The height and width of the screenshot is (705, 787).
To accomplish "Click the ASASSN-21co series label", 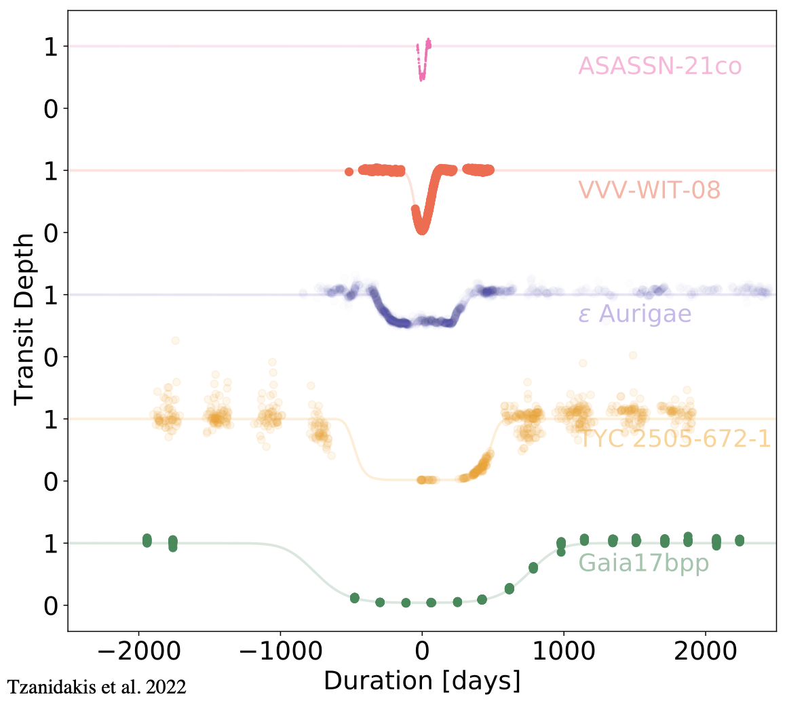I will [659, 66].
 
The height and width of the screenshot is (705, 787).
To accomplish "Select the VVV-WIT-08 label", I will [649, 190].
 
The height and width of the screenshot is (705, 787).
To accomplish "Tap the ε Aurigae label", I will [634, 315].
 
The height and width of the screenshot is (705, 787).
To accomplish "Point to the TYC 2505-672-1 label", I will [674, 439].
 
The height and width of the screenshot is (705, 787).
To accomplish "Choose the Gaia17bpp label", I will [643, 563].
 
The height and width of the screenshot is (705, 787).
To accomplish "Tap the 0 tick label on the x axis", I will [422, 651].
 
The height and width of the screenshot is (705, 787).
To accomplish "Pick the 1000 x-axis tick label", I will [563, 651].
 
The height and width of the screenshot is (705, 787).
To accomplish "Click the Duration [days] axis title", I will [422, 680].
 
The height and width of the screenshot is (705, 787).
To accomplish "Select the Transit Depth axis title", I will [24, 319].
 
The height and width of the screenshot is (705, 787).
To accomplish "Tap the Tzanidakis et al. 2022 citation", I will [97, 687].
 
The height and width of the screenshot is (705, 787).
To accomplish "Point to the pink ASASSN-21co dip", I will [422, 71].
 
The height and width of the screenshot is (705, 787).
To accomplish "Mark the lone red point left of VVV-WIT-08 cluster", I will [349, 172].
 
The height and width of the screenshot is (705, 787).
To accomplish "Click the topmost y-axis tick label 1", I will [52, 46].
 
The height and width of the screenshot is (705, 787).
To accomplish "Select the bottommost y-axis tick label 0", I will [52, 605].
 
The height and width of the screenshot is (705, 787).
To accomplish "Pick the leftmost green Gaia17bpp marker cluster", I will [147, 540].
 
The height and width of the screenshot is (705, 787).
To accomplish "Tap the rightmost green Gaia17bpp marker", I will [740, 540].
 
